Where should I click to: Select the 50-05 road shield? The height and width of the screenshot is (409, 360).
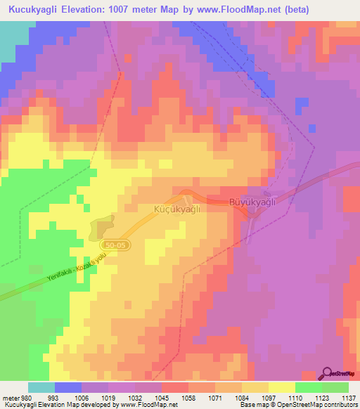(x=117, y=244)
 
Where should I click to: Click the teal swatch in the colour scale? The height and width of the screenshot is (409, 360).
(x=41, y=387)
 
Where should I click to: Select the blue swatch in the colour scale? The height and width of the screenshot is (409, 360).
(x=68, y=387)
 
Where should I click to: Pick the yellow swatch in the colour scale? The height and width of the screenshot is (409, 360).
(x=282, y=387)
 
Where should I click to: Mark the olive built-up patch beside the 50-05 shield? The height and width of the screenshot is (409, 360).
(x=103, y=226)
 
